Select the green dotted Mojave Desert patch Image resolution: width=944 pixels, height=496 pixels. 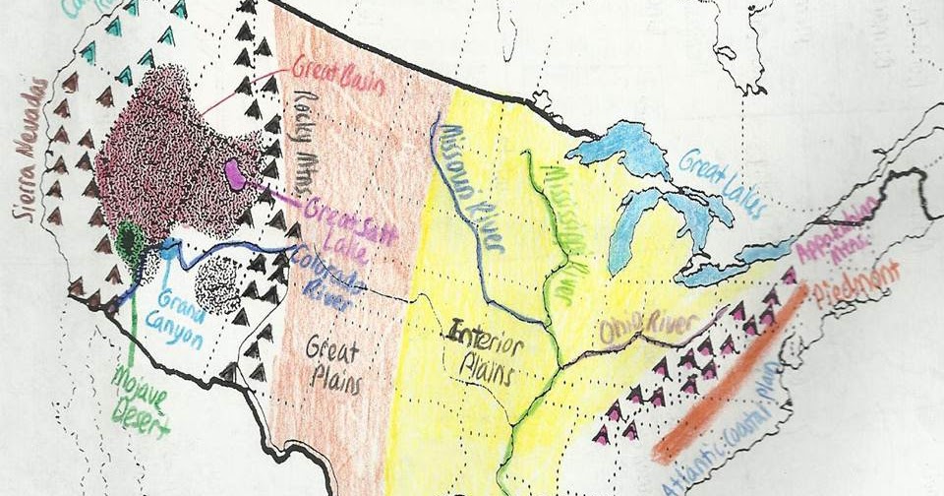click(129, 241)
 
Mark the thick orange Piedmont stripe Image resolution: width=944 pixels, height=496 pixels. click(729, 374)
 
